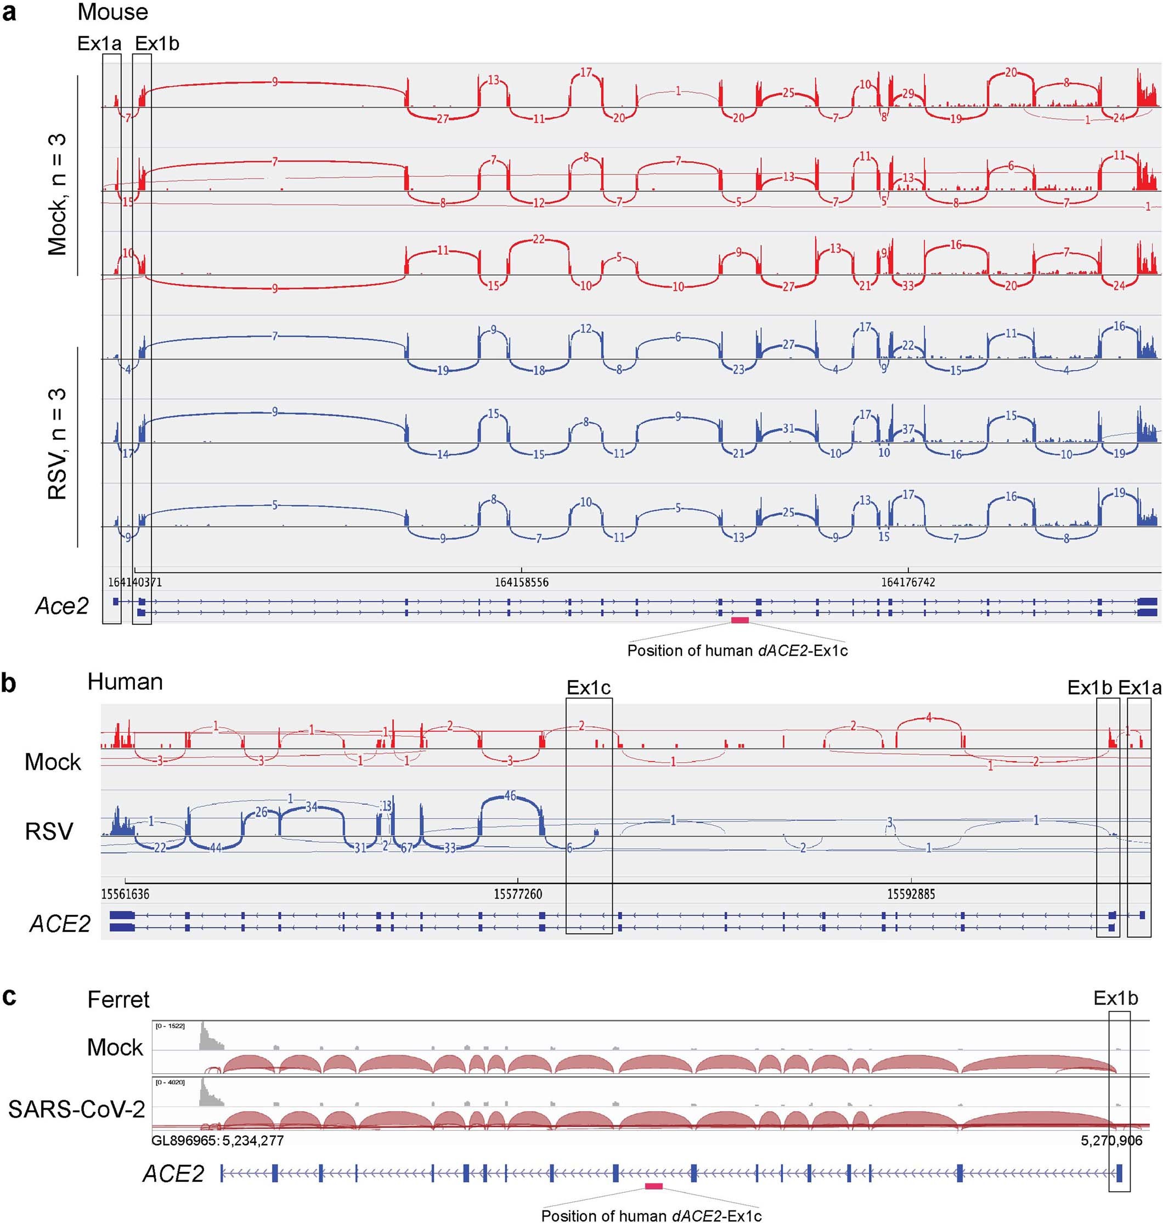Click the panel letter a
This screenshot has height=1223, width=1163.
click(9, 13)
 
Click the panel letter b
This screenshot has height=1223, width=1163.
click(9, 683)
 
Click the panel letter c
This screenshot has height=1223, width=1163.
click(9, 998)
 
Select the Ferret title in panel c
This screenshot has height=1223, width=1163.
click(118, 999)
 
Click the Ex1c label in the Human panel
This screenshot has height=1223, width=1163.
click(588, 687)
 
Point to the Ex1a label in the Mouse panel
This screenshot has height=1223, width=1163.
click(99, 43)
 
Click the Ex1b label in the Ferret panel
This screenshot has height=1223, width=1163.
click(1116, 998)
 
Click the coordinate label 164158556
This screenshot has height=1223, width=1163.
click(521, 582)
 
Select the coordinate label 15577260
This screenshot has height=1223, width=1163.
click(518, 894)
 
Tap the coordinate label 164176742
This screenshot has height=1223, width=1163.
click(908, 582)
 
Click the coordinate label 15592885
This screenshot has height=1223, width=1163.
click(911, 894)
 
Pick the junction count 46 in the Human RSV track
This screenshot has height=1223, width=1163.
click(510, 796)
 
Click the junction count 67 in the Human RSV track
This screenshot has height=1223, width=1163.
click(407, 848)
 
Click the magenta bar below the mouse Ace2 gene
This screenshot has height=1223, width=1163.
click(739, 620)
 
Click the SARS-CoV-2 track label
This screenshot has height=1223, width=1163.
click(76, 1109)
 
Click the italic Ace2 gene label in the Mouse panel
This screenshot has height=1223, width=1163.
click(62, 605)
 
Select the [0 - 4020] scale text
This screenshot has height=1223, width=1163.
click(170, 1082)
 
